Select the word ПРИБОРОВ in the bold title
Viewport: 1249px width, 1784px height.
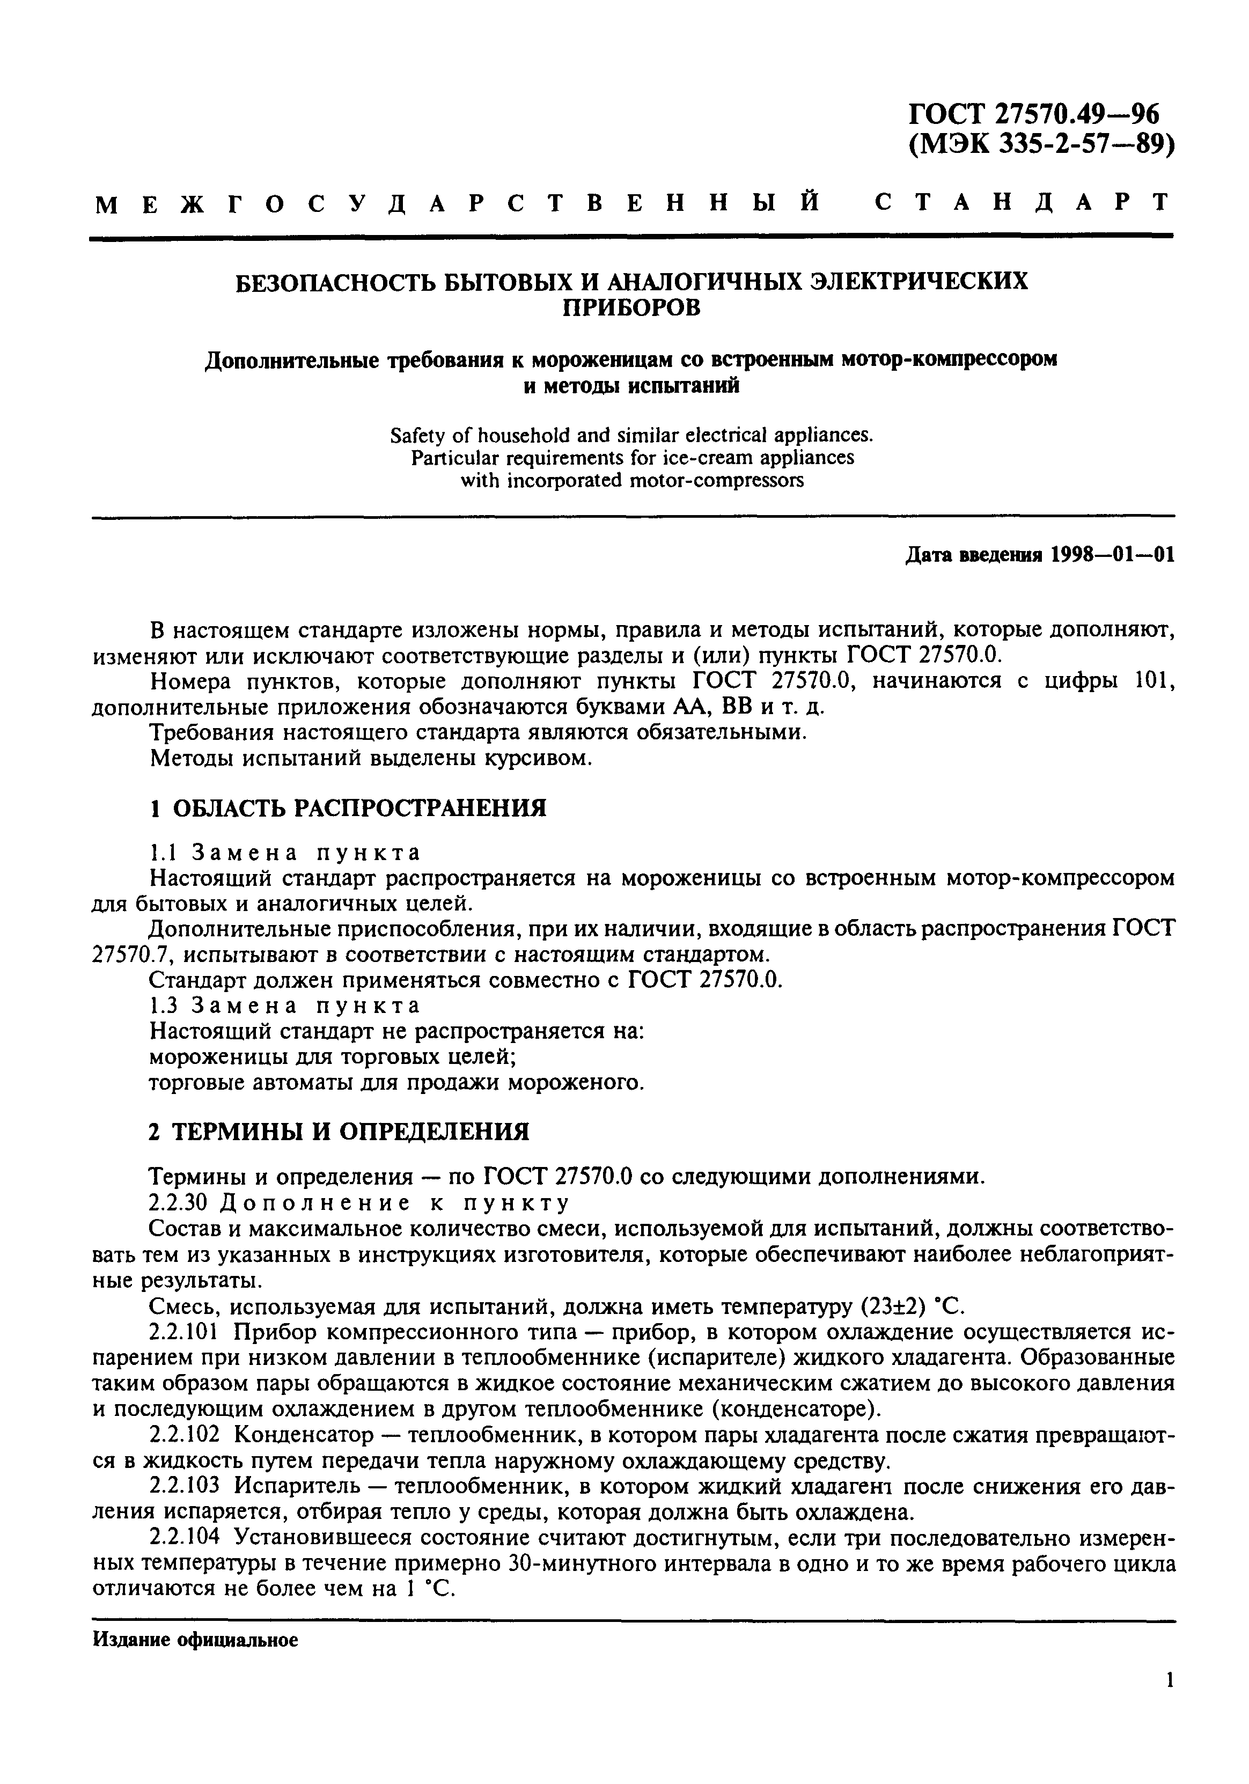631,309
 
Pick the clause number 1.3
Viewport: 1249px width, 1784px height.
163,1005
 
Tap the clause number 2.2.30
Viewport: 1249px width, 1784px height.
179,1203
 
